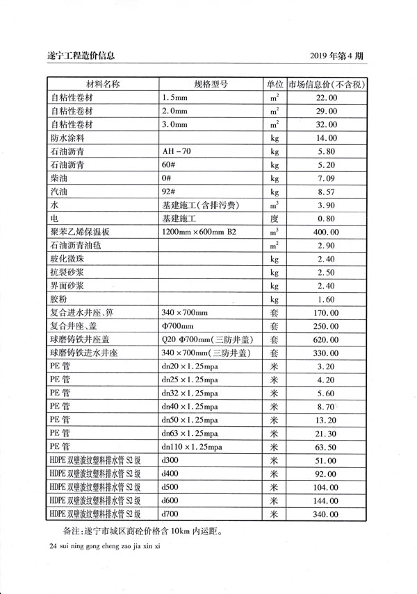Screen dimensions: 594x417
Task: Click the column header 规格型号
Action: click(x=211, y=85)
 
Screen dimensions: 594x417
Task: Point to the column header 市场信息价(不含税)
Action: click(x=322, y=85)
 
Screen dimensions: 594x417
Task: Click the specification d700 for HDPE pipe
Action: click(x=170, y=514)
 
